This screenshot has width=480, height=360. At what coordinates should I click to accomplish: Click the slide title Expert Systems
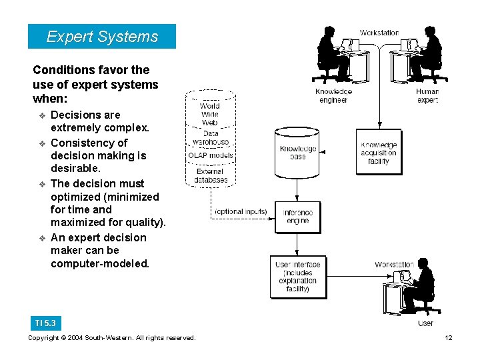click(x=102, y=37)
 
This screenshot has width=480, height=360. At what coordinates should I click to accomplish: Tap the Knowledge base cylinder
click(x=297, y=153)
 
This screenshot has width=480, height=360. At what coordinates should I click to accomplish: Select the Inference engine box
click(x=297, y=217)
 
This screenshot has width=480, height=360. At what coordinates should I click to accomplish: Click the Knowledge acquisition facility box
click(x=378, y=153)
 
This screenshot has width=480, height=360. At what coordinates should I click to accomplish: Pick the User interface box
click(x=297, y=277)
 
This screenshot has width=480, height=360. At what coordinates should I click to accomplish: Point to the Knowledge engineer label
click(x=333, y=95)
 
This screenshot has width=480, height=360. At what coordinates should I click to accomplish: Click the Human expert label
click(x=427, y=95)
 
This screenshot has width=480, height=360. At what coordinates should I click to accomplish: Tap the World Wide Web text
click(x=209, y=114)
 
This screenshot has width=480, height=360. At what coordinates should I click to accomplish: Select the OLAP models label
click(x=211, y=156)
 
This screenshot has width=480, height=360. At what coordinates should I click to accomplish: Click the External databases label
click(x=211, y=175)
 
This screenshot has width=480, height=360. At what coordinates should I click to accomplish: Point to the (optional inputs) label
click(x=241, y=212)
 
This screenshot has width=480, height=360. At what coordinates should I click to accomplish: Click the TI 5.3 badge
click(x=45, y=323)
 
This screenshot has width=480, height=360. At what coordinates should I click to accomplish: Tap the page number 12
click(x=449, y=338)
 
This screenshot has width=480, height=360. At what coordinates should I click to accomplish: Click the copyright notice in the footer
click(x=112, y=338)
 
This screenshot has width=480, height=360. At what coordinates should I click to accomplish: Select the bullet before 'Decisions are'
click(x=41, y=116)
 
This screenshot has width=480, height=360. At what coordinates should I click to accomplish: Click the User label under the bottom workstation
click(x=425, y=323)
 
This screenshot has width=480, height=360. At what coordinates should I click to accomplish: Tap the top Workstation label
click(x=379, y=33)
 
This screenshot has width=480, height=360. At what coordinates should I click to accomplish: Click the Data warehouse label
click(x=210, y=137)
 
